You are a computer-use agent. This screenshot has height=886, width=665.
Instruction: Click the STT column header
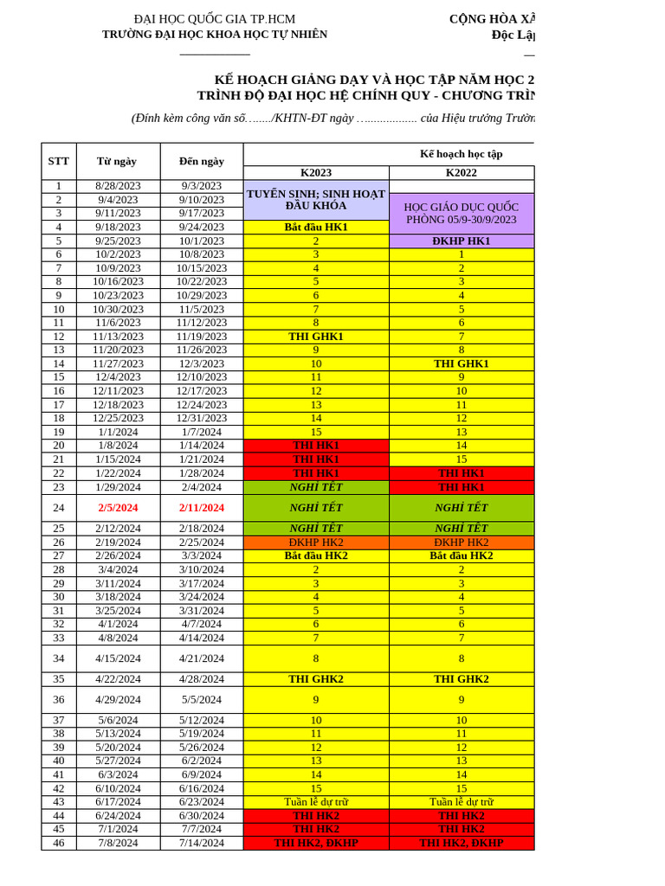pyautogui.click(x=59, y=161)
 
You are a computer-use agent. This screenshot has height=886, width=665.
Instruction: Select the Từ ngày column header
pyautogui.click(x=118, y=161)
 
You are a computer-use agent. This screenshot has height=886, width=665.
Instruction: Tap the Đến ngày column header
pyautogui.click(x=202, y=161)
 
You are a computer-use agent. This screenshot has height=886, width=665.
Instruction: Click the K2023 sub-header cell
pyautogui.click(x=316, y=172)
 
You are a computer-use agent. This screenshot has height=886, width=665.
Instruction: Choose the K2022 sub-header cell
pyautogui.click(x=461, y=172)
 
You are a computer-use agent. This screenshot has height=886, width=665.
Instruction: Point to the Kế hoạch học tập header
pyautogui.click(x=461, y=154)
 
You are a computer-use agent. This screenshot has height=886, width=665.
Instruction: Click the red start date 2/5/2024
pyautogui.click(x=118, y=508)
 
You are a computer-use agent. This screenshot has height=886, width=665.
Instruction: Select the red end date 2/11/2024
pyautogui.click(x=202, y=508)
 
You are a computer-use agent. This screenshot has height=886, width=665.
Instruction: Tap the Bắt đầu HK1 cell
pyautogui.click(x=316, y=227)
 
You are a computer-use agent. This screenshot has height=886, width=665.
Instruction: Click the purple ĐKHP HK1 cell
pyautogui.click(x=461, y=241)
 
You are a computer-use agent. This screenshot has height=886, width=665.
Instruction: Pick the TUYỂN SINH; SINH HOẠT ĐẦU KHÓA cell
pyautogui.click(x=316, y=200)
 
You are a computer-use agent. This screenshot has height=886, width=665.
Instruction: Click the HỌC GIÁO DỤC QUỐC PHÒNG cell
pyautogui.click(x=461, y=213)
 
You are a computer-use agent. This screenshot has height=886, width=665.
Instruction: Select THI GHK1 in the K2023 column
pyautogui.click(x=316, y=337)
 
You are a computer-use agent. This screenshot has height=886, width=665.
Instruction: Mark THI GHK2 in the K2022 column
pyautogui.click(x=461, y=679)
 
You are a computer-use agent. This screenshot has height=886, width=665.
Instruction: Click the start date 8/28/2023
pyautogui.click(x=118, y=186)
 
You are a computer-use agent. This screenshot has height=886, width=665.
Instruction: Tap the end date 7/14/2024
pyautogui.click(x=202, y=843)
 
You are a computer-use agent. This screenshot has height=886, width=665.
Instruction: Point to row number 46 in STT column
pyautogui.click(x=59, y=843)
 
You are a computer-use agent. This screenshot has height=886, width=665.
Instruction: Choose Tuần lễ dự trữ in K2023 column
pyautogui.click(x=316, y=802)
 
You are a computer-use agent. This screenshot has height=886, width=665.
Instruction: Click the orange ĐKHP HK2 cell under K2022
pyautogui.click(x=461, y=543)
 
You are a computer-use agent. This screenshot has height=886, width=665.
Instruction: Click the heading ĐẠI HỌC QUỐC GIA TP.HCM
pyautogui.click(x=215, y=19)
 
